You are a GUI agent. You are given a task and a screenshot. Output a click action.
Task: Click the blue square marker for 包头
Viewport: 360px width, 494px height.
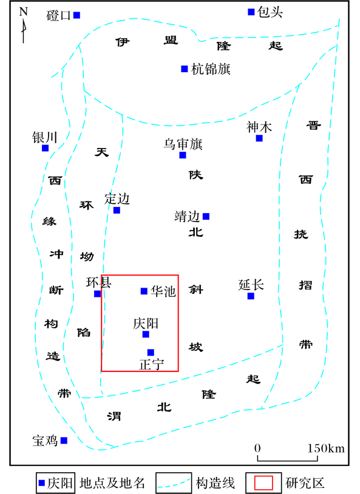click(x=251, y=12)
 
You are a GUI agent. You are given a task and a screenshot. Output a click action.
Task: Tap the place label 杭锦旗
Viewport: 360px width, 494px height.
click(x=211, y=69)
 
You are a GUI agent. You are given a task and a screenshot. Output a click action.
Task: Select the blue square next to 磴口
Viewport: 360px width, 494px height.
click(x=76, y=15)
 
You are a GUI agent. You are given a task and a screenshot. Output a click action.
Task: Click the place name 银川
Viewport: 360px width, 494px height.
click(x=45, y=138)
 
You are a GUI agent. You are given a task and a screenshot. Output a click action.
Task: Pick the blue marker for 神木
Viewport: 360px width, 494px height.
click(x=259, y=138)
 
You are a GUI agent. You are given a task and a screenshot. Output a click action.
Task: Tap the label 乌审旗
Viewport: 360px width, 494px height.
click(x=183, y=144)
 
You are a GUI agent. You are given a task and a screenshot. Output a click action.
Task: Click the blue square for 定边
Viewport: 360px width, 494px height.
click(x=117, y=210)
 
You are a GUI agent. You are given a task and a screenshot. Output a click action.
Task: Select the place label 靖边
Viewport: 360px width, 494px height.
click(x=187, y=217)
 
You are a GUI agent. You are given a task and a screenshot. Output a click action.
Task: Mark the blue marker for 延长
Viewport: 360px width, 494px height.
click(x=251, y=296)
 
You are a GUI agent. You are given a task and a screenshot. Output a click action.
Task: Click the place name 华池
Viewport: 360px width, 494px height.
click(x=163, y=291)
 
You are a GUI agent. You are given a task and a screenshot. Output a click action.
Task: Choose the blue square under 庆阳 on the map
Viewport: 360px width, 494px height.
click(x=146, y=334)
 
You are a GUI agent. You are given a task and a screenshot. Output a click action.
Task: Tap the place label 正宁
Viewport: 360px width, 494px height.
click(x=152, y=365)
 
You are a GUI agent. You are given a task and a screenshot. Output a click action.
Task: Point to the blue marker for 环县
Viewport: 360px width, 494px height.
click(x=97, y=294)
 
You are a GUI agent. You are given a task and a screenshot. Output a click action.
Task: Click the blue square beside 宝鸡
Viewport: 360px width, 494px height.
click(x=64, y=441)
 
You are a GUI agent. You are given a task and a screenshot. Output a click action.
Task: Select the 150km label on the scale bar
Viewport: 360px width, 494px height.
click(x=326, y=448)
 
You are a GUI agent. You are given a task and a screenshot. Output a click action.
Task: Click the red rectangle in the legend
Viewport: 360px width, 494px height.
click(x=263, y=483)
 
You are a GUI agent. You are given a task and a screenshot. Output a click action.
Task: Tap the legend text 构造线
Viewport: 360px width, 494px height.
click(x=216, y=483)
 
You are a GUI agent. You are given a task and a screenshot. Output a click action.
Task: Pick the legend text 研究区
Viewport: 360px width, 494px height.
click(x=305, y=483)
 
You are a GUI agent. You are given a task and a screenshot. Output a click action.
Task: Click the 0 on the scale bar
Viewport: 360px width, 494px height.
click(x=257, y=448)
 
